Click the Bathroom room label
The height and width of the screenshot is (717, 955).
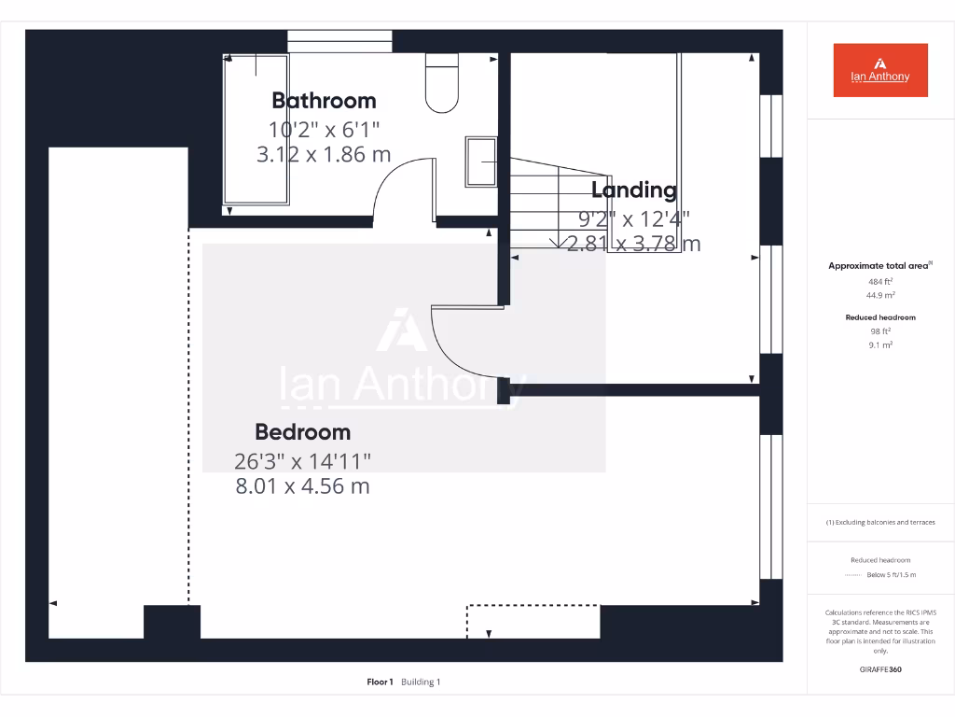324,101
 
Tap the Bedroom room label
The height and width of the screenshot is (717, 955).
302,432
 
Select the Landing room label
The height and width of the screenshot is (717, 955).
634,190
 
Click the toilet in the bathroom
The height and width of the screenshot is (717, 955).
442,84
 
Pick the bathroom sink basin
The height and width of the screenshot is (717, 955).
482,162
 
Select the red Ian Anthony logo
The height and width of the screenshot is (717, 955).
879,70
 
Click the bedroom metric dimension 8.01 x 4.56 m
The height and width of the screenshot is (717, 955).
302,486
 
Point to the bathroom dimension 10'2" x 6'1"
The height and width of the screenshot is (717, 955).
324,130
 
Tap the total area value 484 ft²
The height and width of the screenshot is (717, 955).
879,281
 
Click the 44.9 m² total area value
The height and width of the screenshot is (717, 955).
879,295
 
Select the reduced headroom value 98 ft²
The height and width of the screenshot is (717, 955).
879,331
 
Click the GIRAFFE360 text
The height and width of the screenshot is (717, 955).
879,669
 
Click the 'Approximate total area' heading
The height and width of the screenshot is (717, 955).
879,266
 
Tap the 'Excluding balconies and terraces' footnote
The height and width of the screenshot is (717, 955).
879,523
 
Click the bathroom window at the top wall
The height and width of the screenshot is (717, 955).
339,41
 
